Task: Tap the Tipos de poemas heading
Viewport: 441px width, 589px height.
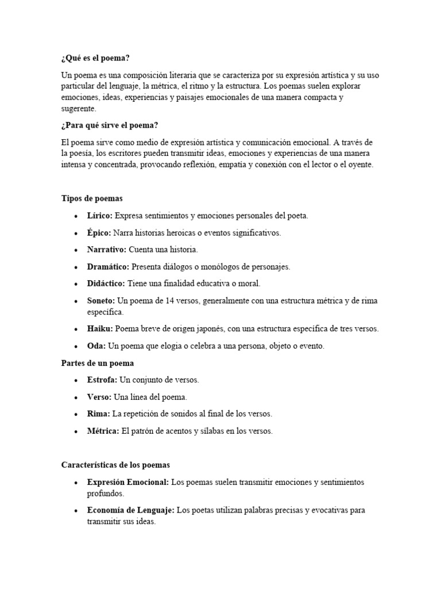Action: [x=92, y=198]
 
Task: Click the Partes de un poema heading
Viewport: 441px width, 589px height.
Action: [x=98, y=364]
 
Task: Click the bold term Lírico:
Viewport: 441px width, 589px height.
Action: [x=100, y=216]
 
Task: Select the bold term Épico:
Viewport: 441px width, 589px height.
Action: [x=99, y=233]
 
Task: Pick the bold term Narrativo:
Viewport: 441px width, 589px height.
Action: [x=107, y=250]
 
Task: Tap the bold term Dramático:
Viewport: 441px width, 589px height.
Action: [x=108, y=267]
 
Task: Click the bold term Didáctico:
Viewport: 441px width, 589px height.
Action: [x=107, y=284]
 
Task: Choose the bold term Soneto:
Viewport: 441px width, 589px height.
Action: [x=101, y=301]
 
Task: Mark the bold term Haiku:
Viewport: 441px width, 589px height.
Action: [x=100, y=329]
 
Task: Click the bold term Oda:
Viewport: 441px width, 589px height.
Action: [x=96, y=346]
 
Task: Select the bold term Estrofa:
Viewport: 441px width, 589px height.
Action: [x=102, y=380]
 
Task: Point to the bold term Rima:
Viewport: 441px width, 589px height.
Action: [x=98, y=414]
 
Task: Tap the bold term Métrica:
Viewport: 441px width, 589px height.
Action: [x=103, y=431]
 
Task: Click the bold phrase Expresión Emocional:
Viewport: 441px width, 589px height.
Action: [x=127, y=482]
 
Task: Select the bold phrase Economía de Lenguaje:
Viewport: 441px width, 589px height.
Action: [x=130, y=510]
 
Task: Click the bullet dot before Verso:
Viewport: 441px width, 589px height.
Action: [x=76, y=397]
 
